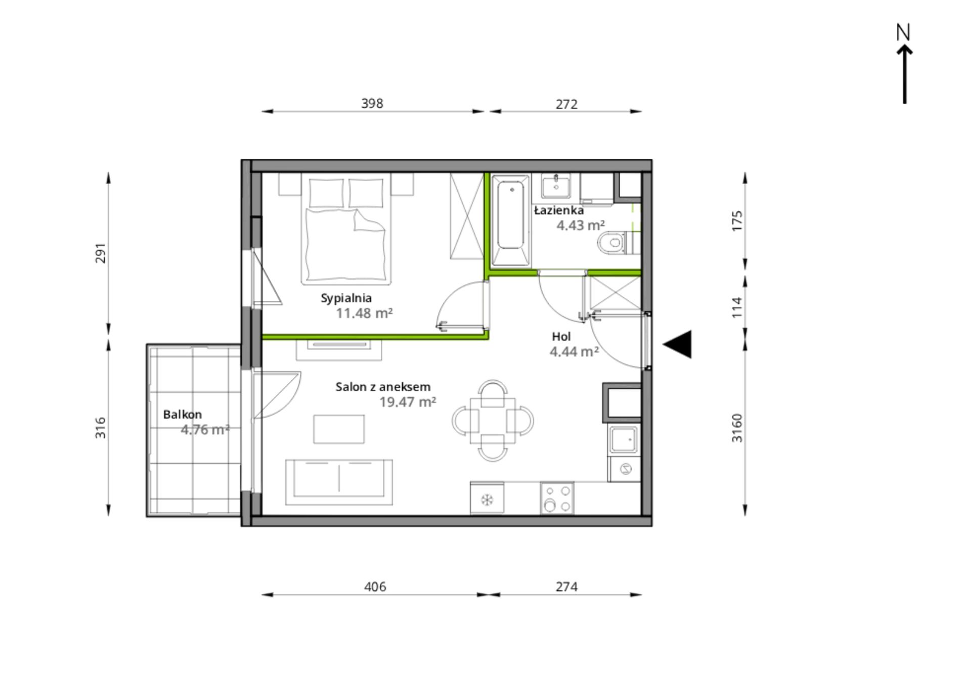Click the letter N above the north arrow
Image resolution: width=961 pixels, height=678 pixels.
[903, 32]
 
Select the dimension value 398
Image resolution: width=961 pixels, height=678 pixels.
[372, 103]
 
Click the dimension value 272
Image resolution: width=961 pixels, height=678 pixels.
[566, 104]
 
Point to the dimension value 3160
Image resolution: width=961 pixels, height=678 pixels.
[737, 428]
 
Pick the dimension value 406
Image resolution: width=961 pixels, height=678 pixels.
[375, 586]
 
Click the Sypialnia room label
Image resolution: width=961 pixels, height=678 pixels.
[346, 298]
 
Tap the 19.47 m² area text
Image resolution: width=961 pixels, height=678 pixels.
[408, 402]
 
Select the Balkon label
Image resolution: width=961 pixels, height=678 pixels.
[183, 415]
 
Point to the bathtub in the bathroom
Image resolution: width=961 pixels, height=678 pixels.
[510, 220]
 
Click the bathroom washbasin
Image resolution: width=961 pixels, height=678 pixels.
[556, 186]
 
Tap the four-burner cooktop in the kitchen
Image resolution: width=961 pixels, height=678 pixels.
[557, 498]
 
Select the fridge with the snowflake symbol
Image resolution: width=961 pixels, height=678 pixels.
[487, 498]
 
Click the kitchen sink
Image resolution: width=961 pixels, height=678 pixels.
[624, 439]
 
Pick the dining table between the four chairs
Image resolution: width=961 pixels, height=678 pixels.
[493, 420]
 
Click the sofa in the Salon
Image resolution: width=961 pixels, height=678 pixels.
[339, 482]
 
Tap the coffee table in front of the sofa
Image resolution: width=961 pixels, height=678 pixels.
[339, 429]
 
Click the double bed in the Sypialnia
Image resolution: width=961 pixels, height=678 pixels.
[347, 228]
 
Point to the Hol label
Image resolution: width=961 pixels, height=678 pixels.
[561, 337]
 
